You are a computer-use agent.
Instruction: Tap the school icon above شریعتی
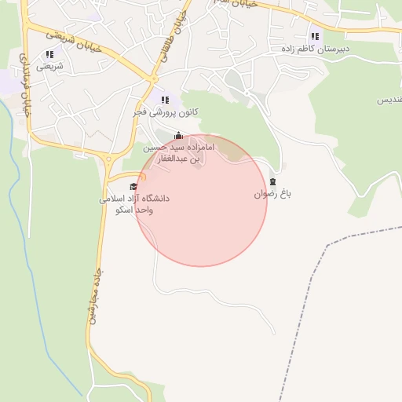[49, 54]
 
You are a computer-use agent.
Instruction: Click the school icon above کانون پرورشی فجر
[165, 100]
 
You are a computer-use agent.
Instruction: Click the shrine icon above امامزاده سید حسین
[179, 135]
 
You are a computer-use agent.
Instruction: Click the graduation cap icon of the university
[134, 186]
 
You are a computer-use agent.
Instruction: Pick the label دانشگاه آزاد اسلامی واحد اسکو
[134, 205]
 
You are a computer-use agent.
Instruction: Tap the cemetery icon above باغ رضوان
[272, 181]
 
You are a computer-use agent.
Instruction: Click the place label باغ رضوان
[272, 194]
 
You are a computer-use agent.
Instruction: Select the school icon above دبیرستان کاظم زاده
[315, 35]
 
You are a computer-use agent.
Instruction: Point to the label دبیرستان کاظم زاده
[315, 49]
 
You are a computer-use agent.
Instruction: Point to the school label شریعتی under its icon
[49, 67]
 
